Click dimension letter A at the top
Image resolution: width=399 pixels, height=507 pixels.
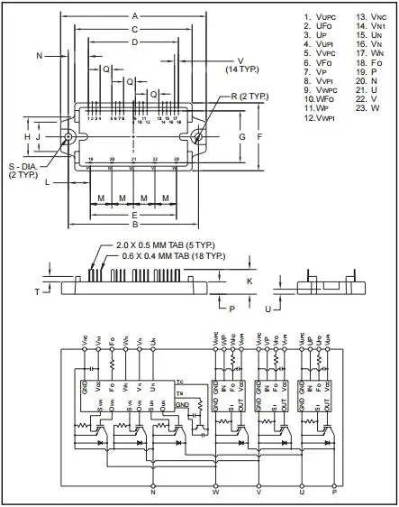pos(134,16)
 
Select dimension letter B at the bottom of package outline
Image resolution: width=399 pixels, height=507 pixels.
pos(134,226)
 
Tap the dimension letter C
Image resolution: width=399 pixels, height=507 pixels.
pos(134,29)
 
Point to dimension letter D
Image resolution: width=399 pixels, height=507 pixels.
pos(134,41)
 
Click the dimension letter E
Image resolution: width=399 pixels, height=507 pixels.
pos(134,215)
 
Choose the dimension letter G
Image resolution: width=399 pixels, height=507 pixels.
pos(242,136)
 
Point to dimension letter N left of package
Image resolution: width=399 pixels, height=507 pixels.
pos(40,56)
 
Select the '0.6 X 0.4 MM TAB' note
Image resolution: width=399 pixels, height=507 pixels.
pos(170,256)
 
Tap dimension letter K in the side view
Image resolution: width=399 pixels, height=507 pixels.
pos(249,281)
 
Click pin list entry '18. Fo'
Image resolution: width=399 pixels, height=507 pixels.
pos(364,62)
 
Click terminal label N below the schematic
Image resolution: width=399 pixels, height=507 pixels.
pos(152,493)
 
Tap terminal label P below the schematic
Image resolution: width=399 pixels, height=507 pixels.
pos(332,493)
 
